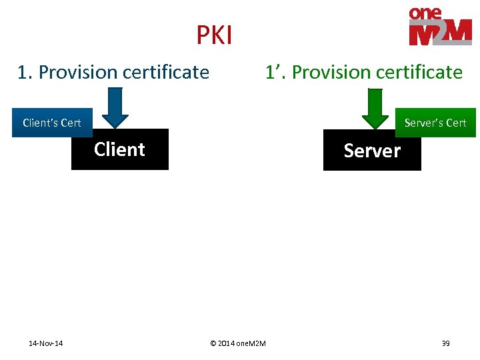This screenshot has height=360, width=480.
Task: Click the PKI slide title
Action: tap(214, 35)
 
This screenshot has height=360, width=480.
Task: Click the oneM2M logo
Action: tap(440, 27)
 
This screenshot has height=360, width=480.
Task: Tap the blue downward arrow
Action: tap(115, 108)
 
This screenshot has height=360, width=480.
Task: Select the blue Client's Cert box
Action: tap(51, 123)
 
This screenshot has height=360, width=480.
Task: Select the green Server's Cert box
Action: tap(435, 123)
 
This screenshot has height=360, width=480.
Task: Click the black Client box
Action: tap(119, 149)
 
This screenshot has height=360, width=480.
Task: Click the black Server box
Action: tap(372, 151)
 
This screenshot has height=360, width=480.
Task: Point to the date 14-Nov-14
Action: tap(46, 343)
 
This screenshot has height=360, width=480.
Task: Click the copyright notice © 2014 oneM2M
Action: tap(237, 343)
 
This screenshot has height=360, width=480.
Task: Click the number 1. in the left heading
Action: tap(25, 72)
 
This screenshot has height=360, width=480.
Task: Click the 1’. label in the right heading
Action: tap(275, 72)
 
